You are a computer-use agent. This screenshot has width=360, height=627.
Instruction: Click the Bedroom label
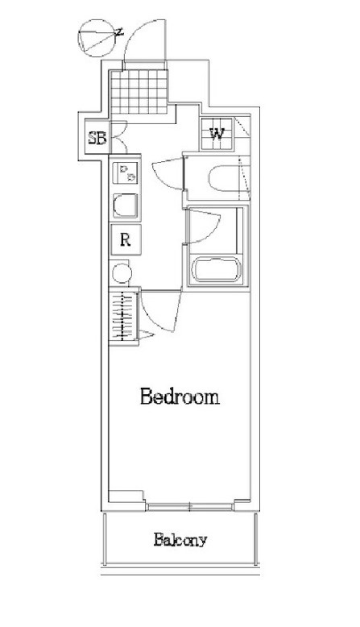(x=180, y=397)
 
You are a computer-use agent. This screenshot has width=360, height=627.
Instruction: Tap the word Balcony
(x=180, y=540)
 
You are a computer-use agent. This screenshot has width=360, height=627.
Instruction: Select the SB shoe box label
(x=97, y=138)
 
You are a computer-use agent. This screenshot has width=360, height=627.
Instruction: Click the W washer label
(x=217, y=134)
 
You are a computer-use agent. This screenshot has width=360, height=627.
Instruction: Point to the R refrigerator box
(x=126, y=239)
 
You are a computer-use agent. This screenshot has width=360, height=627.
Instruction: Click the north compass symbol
(x=99, y=38)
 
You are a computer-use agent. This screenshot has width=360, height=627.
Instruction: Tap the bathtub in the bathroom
(x=217, y=269)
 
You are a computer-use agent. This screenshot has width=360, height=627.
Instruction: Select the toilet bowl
(x=224, y=178)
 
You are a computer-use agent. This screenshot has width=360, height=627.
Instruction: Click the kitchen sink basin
(x=125, y=206)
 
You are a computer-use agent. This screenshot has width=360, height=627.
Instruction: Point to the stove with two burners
(x=126, y=172)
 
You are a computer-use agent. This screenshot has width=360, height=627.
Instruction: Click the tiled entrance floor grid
(x=139, y=92)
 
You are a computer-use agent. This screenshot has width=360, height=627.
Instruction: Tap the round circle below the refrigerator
(x=122, y=273)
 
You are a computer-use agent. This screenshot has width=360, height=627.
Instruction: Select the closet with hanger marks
(x=124, y=316)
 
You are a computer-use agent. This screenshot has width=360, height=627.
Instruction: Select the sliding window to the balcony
(x=190, y=506)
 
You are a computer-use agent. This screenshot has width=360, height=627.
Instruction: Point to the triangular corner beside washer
(x=242, y=127)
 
